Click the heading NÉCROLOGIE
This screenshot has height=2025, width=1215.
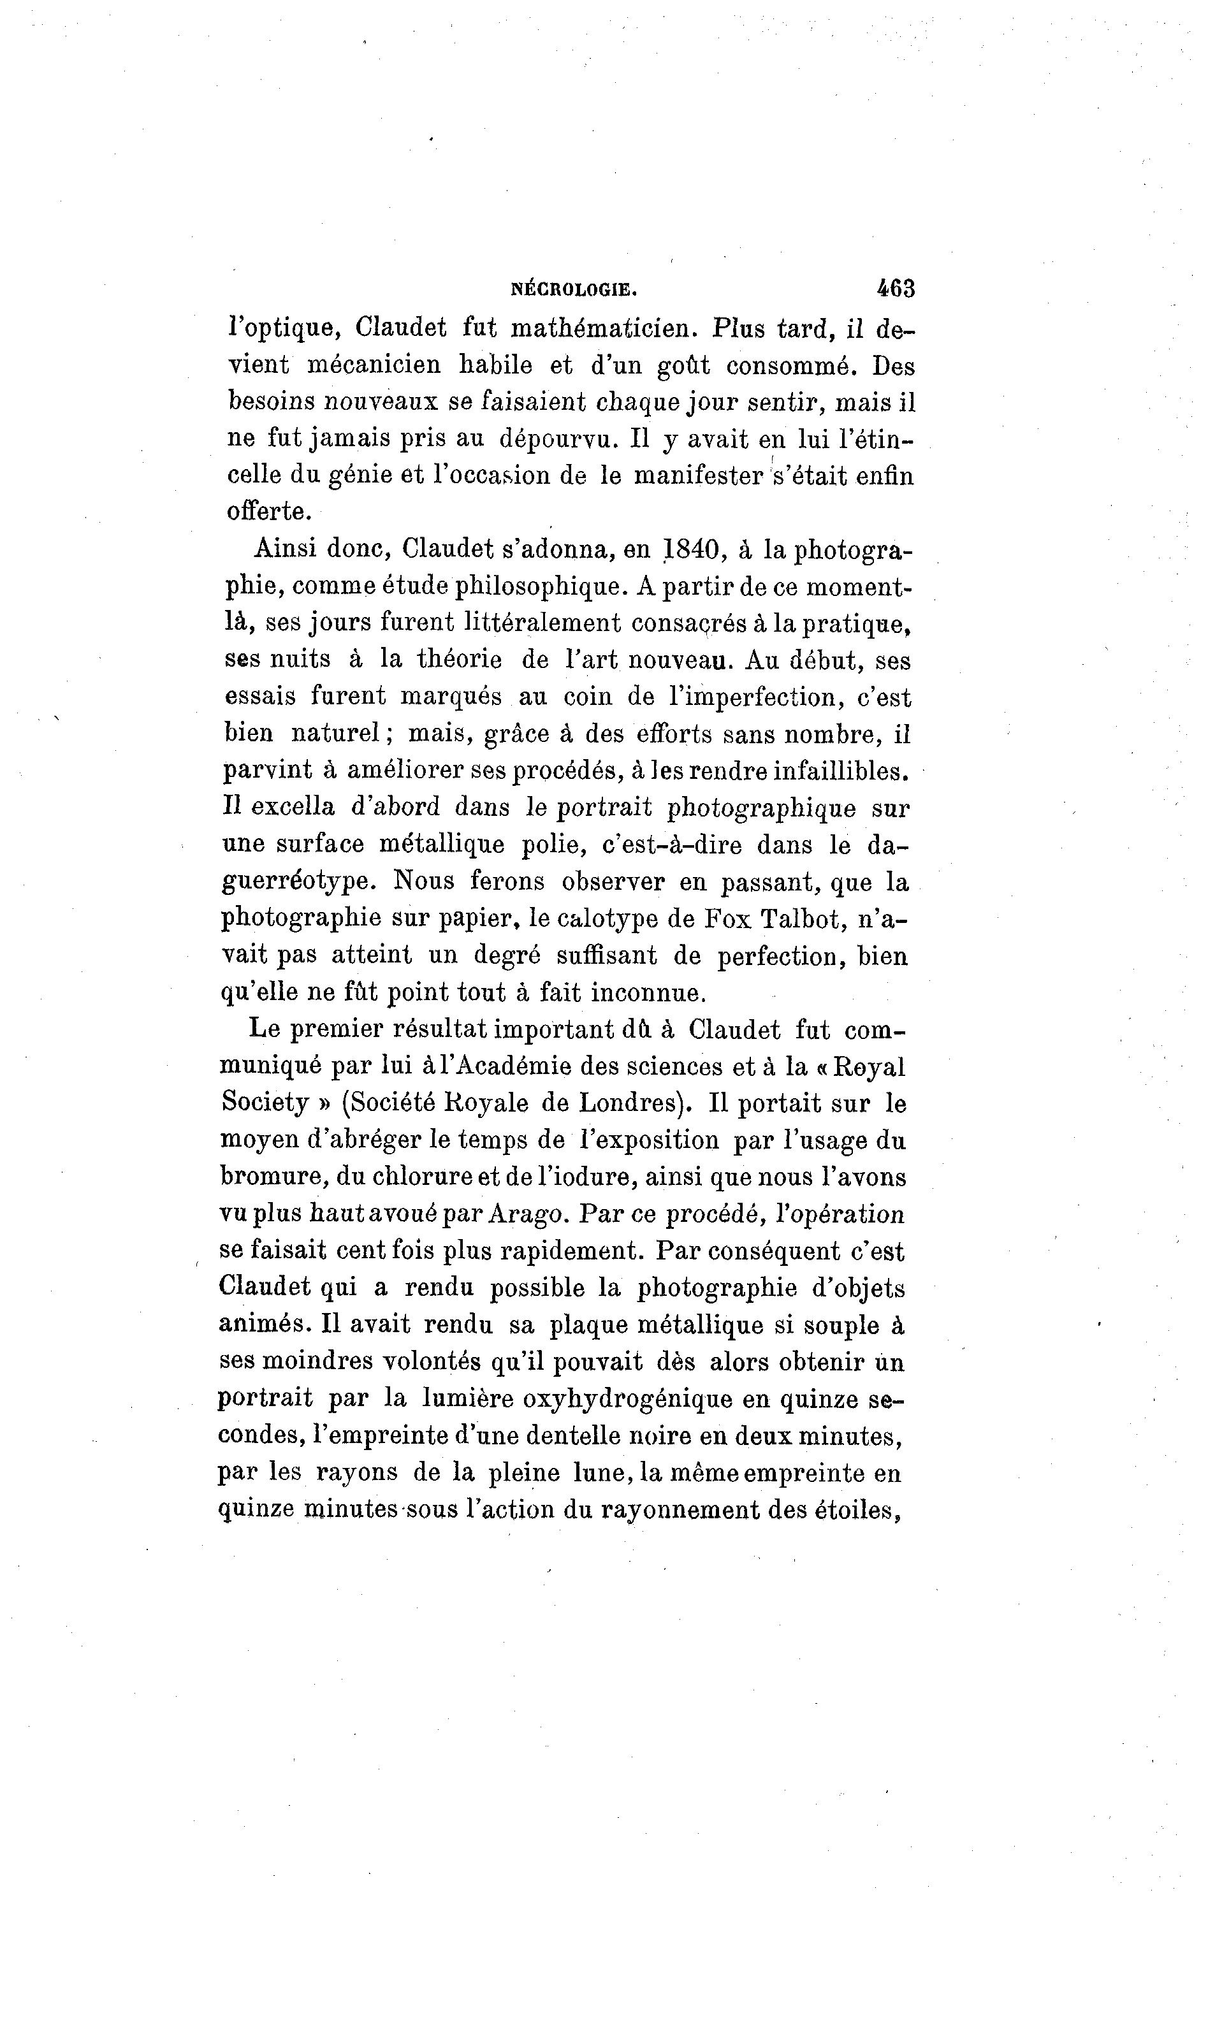tap(573, 289)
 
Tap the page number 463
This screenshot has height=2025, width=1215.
tap(895, 288)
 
